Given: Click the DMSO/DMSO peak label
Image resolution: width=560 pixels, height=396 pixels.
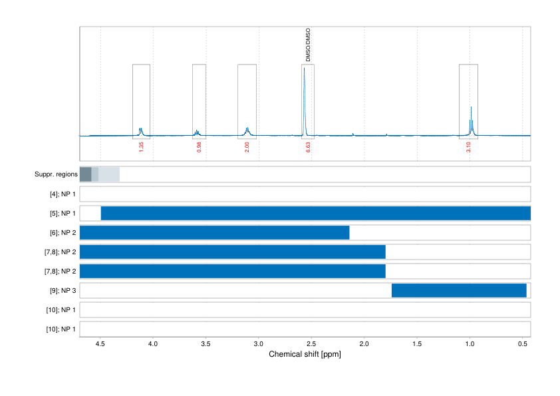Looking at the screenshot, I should click(308, 45).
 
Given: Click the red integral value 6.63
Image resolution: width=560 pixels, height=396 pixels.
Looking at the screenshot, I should click(308, 147).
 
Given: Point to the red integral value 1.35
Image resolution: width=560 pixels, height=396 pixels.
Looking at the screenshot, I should click(142, 147).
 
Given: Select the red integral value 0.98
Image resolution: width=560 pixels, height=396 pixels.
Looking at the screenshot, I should click(200, 147).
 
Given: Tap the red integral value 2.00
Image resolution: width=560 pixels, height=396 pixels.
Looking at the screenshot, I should click(247, 147).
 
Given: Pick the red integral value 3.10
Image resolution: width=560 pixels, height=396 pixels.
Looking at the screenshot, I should click(469, 147).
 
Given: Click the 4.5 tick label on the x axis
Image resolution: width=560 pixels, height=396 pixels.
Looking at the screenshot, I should click(100, 345).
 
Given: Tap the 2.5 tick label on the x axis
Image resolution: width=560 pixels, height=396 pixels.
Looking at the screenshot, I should click(311, 345).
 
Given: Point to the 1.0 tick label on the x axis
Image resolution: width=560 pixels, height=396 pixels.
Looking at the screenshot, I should click(470, 345).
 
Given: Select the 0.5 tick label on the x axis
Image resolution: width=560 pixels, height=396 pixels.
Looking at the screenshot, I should click(522, 345).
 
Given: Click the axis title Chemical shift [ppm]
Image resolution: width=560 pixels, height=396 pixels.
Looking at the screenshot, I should click(305, 354).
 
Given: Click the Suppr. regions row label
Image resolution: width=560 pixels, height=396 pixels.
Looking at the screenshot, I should click(56, 174).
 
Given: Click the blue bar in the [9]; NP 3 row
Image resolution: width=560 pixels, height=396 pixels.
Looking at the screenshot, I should click(459, 291).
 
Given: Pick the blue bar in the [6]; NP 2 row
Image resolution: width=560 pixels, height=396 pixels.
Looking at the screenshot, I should click(214, 233).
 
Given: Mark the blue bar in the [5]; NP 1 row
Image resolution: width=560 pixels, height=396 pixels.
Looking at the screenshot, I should click(315, 214).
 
